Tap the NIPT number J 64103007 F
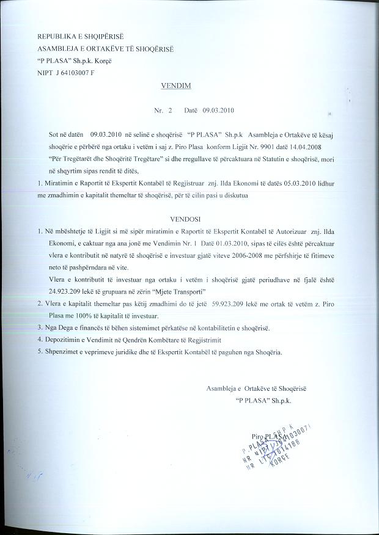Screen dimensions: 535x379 pos(74,73)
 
